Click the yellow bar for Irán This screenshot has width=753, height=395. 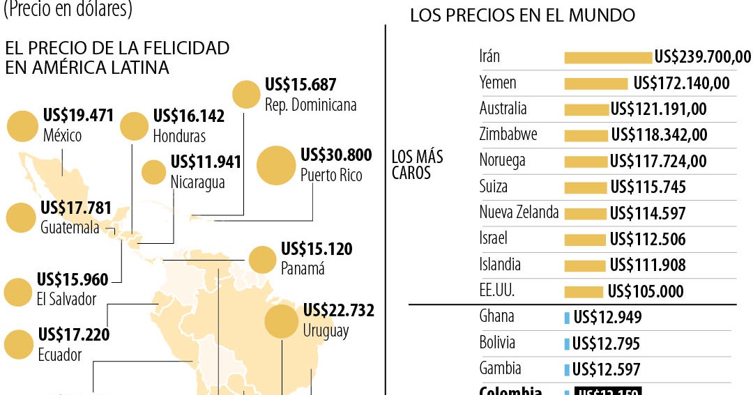[607, 57]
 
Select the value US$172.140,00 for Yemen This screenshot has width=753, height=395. [681, 84]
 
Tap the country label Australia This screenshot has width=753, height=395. [503, 109]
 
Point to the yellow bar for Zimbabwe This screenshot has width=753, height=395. [586, 135]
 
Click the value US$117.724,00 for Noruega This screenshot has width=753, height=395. [657, 162]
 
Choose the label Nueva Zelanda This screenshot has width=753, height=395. [519, 212]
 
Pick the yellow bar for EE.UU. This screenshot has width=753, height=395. [583, 292]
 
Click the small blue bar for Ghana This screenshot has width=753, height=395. [567, 318]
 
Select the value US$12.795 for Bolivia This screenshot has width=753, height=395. [606, 344]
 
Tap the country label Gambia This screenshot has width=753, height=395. [500, 369]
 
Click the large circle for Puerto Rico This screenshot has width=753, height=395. [276, 166]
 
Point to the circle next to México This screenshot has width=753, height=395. [22, 125]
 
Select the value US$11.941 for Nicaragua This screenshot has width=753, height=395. [206, 163]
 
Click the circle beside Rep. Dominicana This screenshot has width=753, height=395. [246, 95]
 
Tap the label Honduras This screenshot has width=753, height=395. [179, 136]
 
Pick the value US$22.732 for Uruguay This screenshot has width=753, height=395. [339, 311]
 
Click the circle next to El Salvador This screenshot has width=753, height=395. [18, 293]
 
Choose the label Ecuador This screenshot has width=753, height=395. [60, 355]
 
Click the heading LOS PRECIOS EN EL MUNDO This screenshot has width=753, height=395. [522, 15]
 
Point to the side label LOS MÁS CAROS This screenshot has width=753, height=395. [417, 164]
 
